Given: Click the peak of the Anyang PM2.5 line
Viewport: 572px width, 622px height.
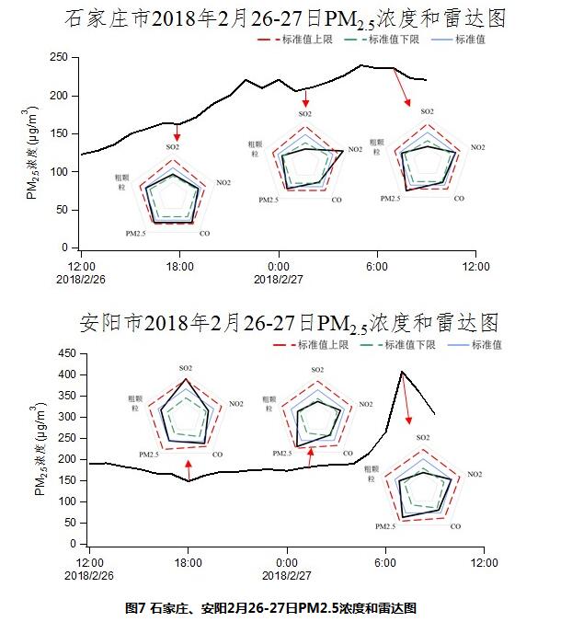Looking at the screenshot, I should pyautogui.click(x=402, y=372).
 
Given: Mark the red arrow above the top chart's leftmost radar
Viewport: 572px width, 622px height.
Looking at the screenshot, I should pyautogui.click(x=177, y=133).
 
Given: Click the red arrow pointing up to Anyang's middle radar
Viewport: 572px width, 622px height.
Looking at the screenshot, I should pyautogui.click(x=311, y=455).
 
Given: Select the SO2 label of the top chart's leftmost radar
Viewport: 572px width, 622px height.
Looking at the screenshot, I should pyautogui.click(x=173, y=147).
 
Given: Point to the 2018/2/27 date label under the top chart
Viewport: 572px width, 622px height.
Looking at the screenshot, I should pyautogui.click(x=278, y=278).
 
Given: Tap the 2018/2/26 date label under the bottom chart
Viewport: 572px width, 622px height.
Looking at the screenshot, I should pyautogui.click(x=88, y=573).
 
